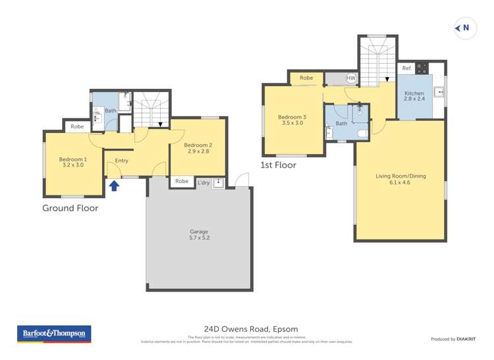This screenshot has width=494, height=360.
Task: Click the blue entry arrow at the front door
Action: pos(114,186)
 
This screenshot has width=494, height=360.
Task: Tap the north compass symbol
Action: pos(464,28)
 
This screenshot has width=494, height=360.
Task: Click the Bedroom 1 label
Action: pos(72,163)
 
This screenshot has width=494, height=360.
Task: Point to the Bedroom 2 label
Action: pos(198,149)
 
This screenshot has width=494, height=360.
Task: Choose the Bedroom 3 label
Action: pos(294,120)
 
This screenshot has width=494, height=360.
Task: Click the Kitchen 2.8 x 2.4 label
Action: pos(414,96)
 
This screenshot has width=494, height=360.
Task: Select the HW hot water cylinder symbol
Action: pos(350,78)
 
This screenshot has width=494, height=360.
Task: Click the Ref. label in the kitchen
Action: pos(406,68)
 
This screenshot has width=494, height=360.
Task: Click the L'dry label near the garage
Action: pos(204,182)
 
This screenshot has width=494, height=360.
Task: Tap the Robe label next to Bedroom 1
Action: pos(77,126)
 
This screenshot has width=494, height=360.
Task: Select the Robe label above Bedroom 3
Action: pos(306,78)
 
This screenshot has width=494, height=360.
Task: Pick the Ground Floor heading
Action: pos(70,208)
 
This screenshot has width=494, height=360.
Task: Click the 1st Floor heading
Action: pos(279,165)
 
